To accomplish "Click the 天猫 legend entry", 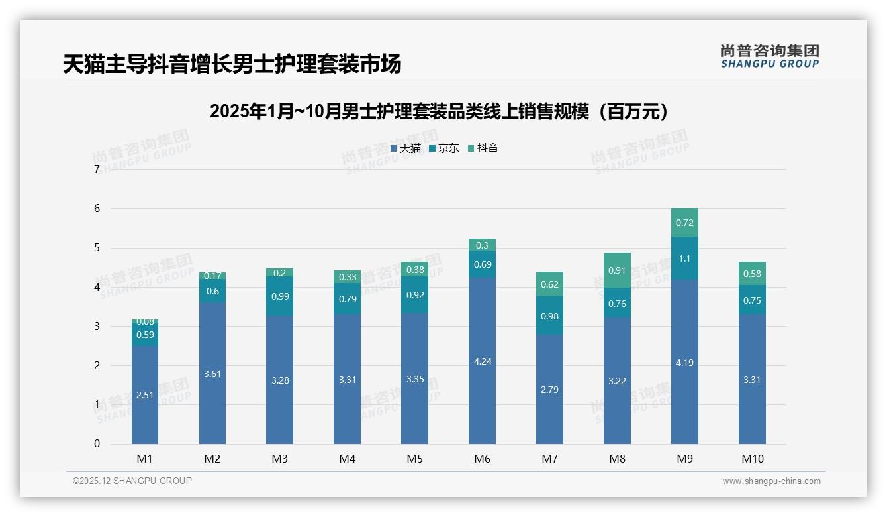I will click(406, 148).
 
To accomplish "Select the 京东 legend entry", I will click(444, 148).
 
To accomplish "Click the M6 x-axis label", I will click(482, 459).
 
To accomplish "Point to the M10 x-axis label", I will click(752, 459).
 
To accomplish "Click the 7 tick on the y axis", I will click(97, 170).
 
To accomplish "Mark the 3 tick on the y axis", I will click(97, 326).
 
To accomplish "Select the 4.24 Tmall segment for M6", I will click(483, 361).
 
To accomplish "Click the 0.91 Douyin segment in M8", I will click(617, 270).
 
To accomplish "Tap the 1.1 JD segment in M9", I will click(684, 258).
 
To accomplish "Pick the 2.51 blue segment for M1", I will click(145, 395).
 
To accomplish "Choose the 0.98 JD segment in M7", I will click(549, 316).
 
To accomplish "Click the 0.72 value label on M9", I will click(684, 223).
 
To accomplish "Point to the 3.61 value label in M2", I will click(212, 374).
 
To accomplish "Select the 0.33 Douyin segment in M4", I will click(348, 277).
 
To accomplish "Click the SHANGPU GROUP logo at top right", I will click(769, 56).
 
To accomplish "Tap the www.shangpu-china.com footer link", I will click(771, 481).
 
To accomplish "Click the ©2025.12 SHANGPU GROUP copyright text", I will click(132, 481).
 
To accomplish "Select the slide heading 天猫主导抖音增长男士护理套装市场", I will click(232, 64).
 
